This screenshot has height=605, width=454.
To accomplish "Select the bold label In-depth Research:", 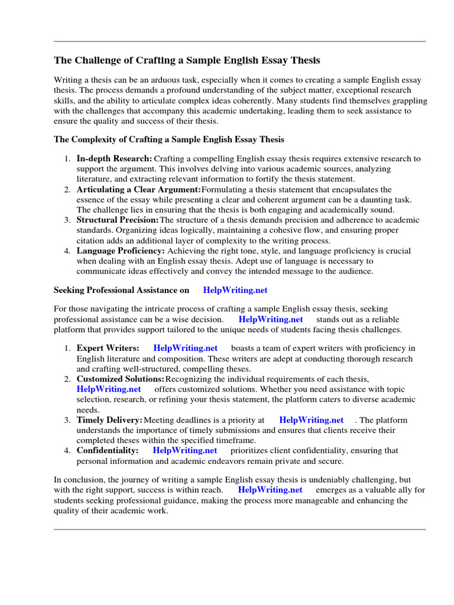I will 114,158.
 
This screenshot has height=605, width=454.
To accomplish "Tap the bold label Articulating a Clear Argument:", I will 139,189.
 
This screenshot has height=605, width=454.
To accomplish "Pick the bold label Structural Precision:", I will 118,220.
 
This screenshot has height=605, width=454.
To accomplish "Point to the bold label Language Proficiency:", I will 121,251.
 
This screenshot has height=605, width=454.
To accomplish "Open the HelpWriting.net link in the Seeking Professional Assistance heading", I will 235,290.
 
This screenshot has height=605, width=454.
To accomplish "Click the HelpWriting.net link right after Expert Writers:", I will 185,347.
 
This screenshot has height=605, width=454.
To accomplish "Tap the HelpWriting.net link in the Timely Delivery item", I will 311,419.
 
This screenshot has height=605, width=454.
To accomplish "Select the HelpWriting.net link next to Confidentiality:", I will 185,450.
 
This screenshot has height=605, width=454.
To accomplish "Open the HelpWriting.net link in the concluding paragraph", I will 270,490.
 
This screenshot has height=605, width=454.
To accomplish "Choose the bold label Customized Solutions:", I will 120,378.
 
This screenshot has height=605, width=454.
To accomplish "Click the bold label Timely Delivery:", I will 109,419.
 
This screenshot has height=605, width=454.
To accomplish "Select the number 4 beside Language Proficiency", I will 67,251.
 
